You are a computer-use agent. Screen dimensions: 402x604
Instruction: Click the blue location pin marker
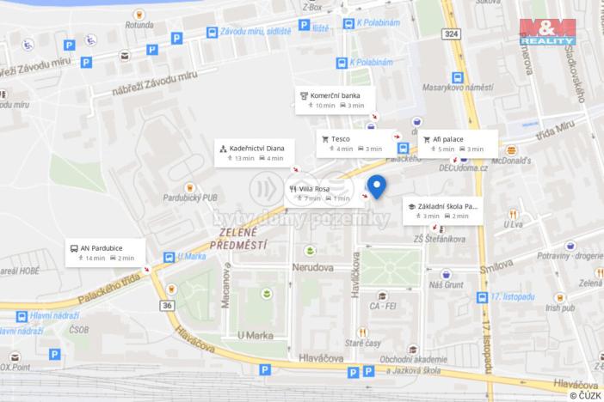(376, 185)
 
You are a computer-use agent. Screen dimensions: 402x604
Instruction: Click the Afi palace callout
(458, 143)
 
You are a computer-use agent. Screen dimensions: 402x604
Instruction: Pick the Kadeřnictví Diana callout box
(255, 153)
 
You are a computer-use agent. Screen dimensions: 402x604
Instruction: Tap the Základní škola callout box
(442, 210)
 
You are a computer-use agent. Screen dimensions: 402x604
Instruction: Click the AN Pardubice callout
(106, 253)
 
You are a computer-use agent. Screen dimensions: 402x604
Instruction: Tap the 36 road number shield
(166, 306)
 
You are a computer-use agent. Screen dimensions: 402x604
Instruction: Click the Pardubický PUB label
(189, 197)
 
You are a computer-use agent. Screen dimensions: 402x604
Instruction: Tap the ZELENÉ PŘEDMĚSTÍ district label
(239, 239)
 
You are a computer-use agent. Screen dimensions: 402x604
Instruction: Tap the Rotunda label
(139, 25)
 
